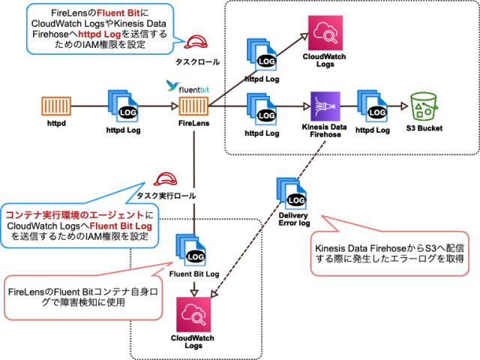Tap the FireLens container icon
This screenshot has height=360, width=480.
[193, 106]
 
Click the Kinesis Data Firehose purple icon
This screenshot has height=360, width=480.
[325, 106]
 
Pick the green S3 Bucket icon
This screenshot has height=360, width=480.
[425, 106]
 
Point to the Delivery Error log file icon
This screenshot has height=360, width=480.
[292, 193]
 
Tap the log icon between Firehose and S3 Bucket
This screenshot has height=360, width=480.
[373, 106]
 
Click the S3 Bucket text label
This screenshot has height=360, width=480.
[425, 128]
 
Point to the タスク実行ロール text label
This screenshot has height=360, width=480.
[166, 196]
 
